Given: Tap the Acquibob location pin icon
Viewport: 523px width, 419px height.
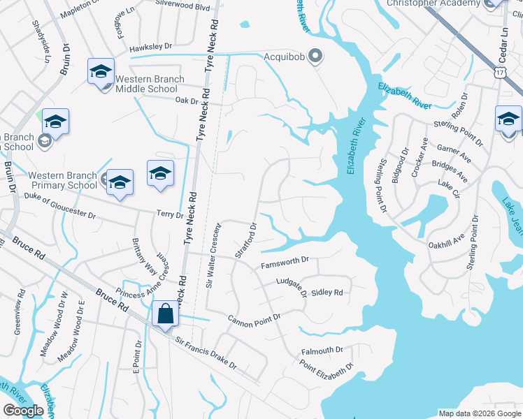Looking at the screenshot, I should tap(315, 55).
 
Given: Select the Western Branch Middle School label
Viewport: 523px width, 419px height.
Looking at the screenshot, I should tap(146, 84).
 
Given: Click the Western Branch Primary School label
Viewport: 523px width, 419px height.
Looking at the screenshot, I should tap(63, 179).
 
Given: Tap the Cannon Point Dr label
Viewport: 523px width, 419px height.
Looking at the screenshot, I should tap(254, 318).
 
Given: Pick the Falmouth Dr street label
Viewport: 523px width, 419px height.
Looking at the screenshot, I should tap(322, 350).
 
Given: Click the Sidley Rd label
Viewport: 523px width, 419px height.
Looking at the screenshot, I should tap(327, 293).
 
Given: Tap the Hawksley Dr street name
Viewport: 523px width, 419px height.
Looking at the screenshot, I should tap(150, 46).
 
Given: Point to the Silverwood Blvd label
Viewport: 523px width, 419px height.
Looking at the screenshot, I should tap(183, 6).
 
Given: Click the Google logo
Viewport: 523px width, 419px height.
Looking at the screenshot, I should tap(23, 411).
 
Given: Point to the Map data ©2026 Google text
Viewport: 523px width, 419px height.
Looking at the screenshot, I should tap(479, 413).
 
